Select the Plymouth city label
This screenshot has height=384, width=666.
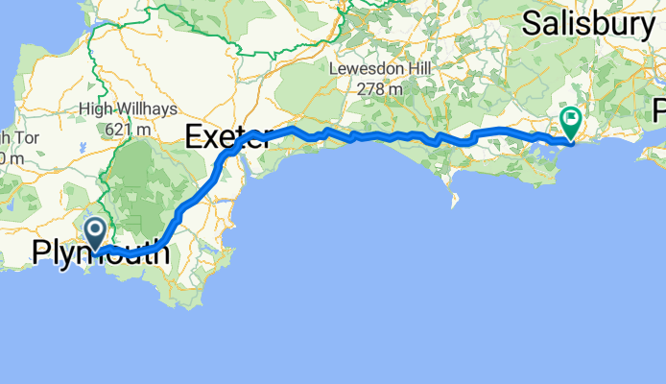[x=102, y=254]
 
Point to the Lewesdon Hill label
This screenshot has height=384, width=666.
[x=381, y=70]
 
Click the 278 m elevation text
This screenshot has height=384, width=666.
[x=381, y=88]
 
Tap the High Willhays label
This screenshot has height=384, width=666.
[x=129, y=109]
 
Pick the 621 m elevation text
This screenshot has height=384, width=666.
[x=130, y=128]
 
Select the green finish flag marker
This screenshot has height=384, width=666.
[x=572, y=122]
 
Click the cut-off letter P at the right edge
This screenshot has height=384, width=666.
[x=659, y=108]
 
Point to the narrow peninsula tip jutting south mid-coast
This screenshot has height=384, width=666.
[x=453, y=204]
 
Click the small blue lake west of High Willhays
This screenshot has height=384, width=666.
[x=85, y=150]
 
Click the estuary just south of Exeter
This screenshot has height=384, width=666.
[x=241, y=163]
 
